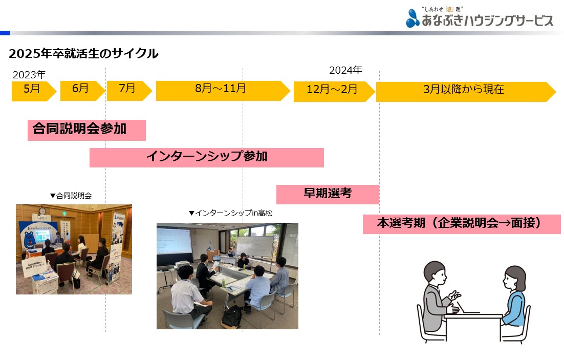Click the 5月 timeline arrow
(34, 91)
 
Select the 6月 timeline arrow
(82, 91)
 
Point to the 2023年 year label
(29, 75)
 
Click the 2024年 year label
(345, 70)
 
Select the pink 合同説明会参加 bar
(86, 130)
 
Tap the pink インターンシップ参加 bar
(206, 157)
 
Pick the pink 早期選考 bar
(328, 195)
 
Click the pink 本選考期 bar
(462, 224)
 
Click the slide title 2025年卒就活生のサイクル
(83, 54)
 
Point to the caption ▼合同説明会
(71, 196)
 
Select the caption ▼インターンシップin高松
(230, 213)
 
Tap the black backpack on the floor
(231, 317)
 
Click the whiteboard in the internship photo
(255, 247)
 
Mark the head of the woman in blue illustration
(515, 279)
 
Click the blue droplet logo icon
(413, 19)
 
